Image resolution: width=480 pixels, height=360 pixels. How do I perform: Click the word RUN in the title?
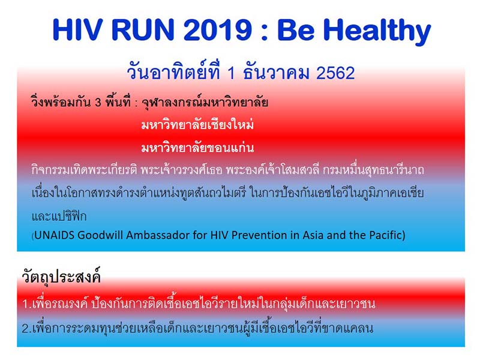143,30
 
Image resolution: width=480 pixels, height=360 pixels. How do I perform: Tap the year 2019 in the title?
218,30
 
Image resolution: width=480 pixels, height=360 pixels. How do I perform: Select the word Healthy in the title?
377,32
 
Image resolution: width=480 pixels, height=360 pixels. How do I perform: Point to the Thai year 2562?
335,73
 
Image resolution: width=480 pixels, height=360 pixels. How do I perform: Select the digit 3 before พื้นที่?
98,102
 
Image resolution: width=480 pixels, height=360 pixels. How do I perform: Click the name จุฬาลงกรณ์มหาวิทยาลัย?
205,103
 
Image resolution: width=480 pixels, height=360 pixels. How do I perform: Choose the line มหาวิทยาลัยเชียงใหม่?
197,125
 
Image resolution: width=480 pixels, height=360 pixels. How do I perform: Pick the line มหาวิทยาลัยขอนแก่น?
197,148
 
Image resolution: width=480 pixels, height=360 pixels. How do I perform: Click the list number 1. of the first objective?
27,304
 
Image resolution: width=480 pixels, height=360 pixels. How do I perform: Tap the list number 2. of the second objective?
27,328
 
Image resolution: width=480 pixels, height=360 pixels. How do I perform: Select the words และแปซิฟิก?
59,216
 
